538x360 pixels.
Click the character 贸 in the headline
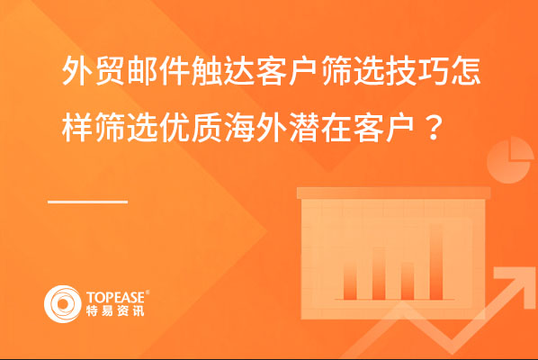tap(110, 72)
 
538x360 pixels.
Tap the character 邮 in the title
tap(142, 72)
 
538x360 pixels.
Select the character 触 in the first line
tap(207, 72)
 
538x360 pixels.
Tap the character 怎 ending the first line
tap(467, 72)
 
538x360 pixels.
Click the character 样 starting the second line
tap(77, 128)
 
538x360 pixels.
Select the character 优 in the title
tap(175, 128)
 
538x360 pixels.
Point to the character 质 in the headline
tap(207, 128)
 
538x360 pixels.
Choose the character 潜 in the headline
tap(304, 128)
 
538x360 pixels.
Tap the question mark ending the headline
tap(434, 128)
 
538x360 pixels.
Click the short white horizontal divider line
tap(88, 202)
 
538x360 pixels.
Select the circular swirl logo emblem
tap(62, 304)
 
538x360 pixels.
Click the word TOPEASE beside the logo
tap(116, 297)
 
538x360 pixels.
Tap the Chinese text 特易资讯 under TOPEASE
tap(115, 310)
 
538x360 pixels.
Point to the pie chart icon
tap(510, 160)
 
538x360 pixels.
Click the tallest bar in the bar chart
tap(435, 262)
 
